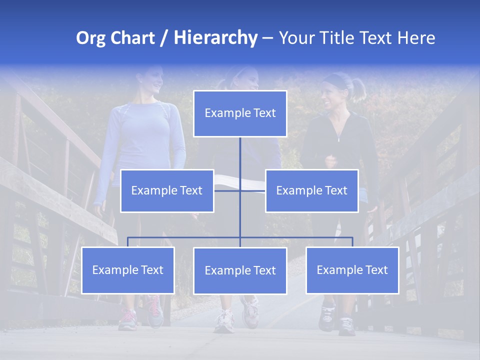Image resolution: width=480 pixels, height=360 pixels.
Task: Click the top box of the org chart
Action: (x=240, y=113)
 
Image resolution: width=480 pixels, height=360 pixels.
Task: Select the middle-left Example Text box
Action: (x=167, y=190)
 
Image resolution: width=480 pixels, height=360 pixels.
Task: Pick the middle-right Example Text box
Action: (x=311, y=190)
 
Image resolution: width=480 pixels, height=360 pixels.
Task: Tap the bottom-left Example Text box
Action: (x=128, y=270)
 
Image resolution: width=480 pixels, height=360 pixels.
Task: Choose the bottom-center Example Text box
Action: (x=240, y=270)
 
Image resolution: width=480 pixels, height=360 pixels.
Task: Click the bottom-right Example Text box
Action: (x=352, y=270)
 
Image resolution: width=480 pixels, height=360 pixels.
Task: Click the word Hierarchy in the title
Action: (x=215, y=37)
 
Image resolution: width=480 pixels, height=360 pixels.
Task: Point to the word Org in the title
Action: (x=90, y=38)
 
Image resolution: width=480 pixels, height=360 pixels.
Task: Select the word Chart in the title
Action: (x=131, y=38)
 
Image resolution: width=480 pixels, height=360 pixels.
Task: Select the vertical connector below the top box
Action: (x=240, y=155)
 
